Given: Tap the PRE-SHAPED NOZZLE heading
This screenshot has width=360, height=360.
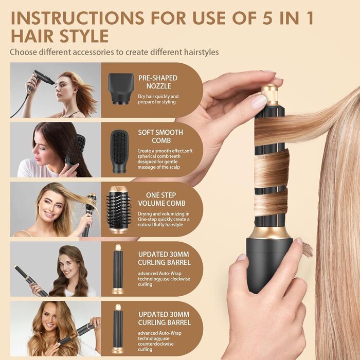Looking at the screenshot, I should click(154, 82).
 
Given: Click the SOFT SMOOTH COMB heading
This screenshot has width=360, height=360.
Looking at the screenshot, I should click(160, 136).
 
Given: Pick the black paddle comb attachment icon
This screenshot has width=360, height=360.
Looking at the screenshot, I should click(119, 146).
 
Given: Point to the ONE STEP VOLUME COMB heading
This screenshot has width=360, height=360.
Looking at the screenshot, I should click(161, 199).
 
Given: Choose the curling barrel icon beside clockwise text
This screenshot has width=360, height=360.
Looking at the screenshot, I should click(118, 269).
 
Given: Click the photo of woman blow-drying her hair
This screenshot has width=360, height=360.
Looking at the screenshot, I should click(56, 90).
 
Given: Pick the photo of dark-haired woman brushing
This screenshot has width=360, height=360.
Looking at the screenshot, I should click(56, 150).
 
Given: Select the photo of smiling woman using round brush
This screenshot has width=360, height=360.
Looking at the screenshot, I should click(56, 209).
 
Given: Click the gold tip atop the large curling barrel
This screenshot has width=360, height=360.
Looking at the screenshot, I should click(269, 95).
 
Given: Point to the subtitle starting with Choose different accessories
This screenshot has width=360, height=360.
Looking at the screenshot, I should click(114, 52).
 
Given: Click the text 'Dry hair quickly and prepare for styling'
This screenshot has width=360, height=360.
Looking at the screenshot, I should click(158, 99).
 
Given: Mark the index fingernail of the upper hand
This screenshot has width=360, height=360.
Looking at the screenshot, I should click(258, 101).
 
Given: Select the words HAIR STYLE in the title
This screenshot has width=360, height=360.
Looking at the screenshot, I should click(59, 36).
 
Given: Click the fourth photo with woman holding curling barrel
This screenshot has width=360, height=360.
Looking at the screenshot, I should click(56, 269).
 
